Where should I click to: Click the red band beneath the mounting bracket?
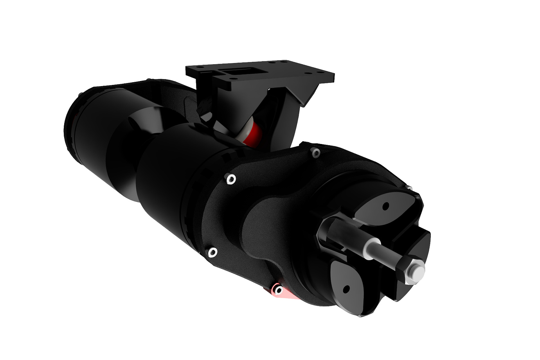click(254, 133)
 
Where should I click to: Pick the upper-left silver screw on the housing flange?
click(231, 179)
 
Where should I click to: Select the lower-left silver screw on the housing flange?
click(212, 252)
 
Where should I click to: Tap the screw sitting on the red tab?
click(279, 290)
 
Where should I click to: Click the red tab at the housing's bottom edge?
click(288, 294)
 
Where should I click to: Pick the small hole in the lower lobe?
click(346, 290)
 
